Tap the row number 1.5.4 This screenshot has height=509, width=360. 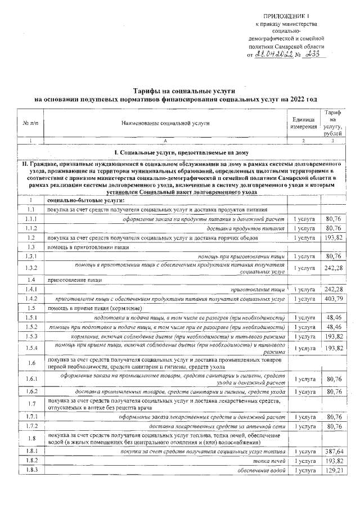pos(30,348)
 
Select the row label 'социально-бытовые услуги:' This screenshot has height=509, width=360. pos(85,200)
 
